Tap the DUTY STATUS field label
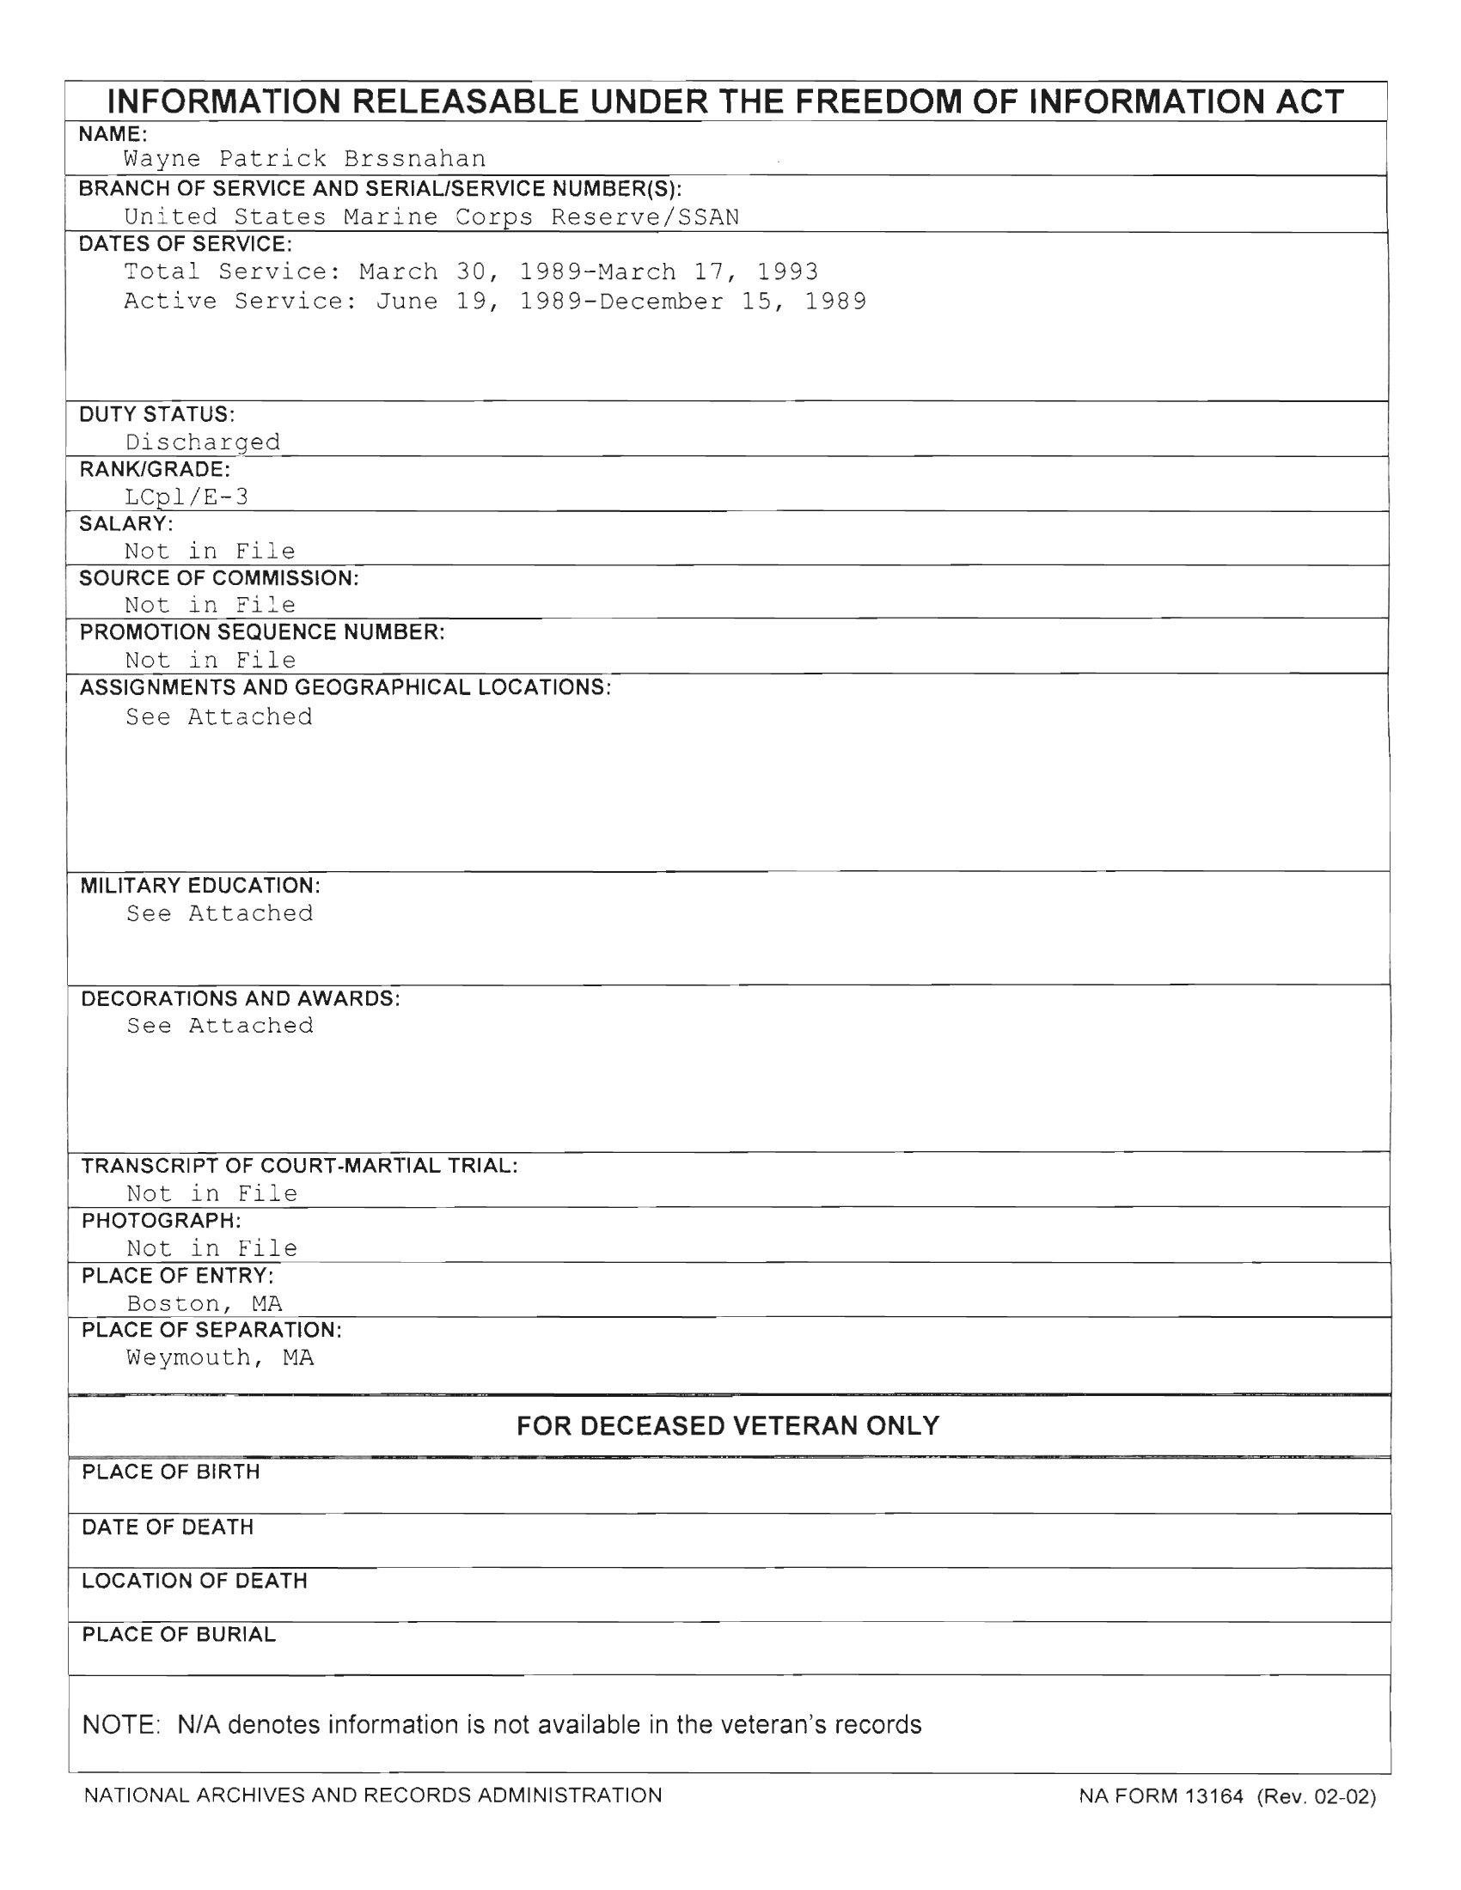click(x=156, y=415)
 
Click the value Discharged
click(x=204, y=442)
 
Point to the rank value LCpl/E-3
click(x=187, y=497)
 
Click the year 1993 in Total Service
click(x=787, y=271)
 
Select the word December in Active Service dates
click(x=661, y=302)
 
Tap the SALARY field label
click(x=126, y=523)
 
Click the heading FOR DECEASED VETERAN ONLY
click(x=728, y=1426)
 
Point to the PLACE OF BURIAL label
click(x=179, y=1635)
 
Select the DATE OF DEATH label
click(x=168, y=1527)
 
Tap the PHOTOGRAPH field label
click(x=162, y=1221)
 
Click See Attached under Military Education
click(x=220, y=913)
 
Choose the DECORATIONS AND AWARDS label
click(x=241, y=998)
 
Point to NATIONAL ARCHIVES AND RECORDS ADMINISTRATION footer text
click(x=373, y=1795)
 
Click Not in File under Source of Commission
click(x=211, y=605)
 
